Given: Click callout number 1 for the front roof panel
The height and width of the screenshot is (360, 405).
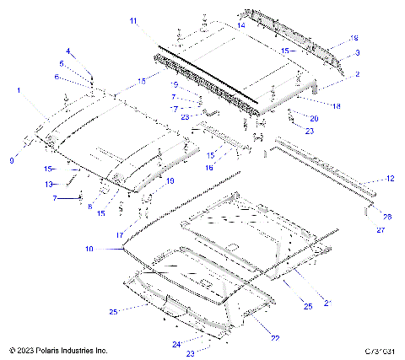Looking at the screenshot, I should point(19,89).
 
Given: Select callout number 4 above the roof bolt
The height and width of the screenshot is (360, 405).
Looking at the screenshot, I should point(69,52).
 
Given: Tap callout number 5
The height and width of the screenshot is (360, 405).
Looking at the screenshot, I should point(62,63).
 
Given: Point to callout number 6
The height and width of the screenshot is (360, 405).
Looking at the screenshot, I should point(57,77).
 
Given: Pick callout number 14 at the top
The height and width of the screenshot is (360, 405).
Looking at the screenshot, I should point(240,26).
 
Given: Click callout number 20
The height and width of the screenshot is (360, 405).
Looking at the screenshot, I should point(315,118).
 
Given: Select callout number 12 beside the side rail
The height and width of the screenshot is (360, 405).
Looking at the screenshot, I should point(390,179).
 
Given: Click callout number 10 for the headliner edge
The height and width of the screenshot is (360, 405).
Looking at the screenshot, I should point(89,249).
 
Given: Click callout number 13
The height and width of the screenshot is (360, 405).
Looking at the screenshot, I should point(49,184).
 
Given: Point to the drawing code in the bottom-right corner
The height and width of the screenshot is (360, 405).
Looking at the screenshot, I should point(382,350).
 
